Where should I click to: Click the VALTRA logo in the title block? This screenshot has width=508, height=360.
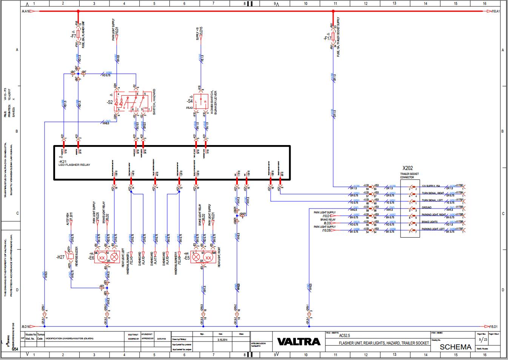(299, 341)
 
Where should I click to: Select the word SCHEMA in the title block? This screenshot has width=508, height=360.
(456, 347)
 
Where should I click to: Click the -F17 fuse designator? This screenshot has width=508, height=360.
(327, 38)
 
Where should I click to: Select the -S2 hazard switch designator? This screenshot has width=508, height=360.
(110, 102)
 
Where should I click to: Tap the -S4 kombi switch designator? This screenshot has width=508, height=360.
(189, 101)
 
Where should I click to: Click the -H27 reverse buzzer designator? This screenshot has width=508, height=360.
(60, 257)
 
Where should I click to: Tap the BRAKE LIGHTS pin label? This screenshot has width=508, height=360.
(429, 222)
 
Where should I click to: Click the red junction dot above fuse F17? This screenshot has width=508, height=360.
(333, 11)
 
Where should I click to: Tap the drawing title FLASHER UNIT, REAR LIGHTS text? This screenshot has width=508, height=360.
(377, 343)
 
